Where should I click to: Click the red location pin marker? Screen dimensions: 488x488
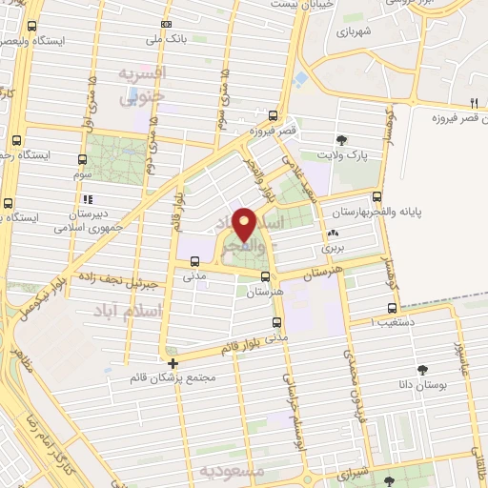point(244,224)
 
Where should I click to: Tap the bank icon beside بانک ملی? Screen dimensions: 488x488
point(167,24)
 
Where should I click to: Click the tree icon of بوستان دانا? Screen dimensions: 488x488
point(422,368)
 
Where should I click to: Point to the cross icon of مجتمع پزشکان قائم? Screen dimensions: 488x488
point(173,363)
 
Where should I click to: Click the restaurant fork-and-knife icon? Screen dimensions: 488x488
point(473,103)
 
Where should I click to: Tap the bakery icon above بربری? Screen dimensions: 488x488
point(333,233)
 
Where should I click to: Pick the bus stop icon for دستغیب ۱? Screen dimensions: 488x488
point(392,308)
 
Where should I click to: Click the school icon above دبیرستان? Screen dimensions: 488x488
point(88,200)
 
